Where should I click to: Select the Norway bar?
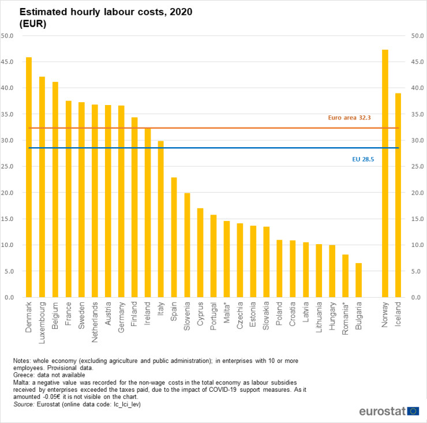(385, 173)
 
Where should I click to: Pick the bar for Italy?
(160, 219)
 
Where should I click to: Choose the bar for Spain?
(174, 237)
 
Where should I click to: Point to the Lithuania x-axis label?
(319, 316)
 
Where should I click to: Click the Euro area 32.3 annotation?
(349, 118)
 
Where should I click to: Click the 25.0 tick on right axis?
(417, 167)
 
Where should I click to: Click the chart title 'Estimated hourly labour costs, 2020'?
(106, 12)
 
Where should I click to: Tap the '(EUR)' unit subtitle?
(32, 24)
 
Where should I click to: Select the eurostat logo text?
(381, 411)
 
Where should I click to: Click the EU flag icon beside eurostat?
(413, 411)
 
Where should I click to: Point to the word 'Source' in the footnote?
(24, 405)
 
